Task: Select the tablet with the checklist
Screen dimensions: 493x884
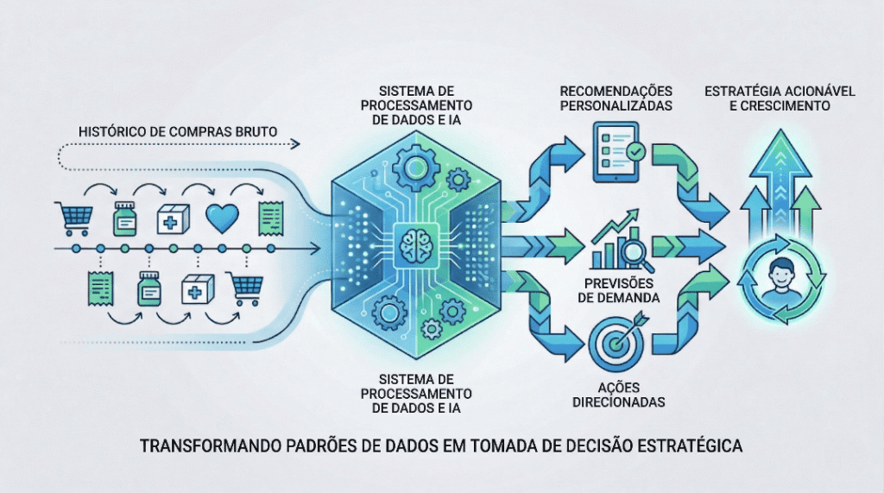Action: coord(616,153)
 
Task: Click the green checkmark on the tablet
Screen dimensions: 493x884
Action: coord(635,153)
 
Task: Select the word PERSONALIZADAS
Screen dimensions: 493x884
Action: coord(616,106)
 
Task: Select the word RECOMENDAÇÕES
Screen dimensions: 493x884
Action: coord(616,91)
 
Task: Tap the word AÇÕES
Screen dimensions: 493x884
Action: coord(616,387)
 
